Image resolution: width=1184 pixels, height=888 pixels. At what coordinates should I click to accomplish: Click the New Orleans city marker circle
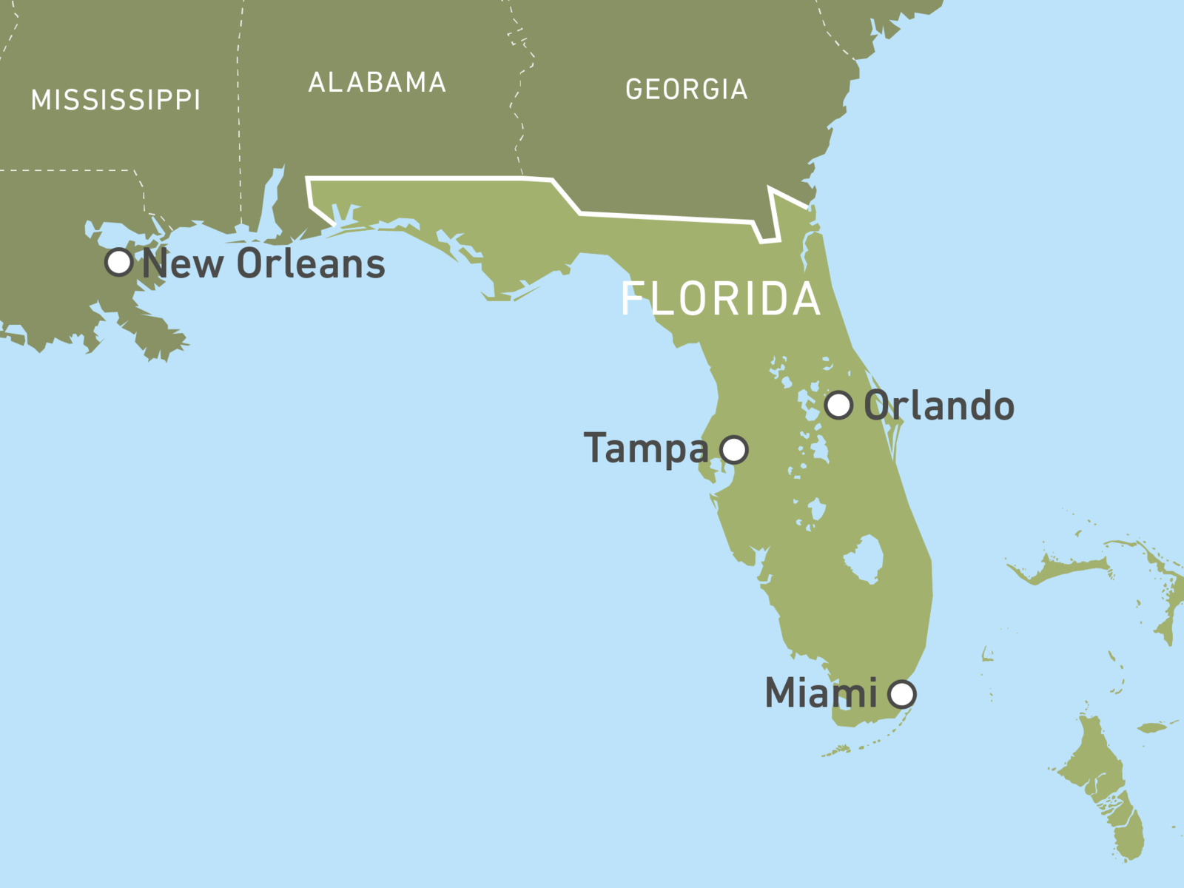tap(118, 262)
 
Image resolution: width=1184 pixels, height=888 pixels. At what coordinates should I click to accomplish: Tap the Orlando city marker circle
tap(838, 405)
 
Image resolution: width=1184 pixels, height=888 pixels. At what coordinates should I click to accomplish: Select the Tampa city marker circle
tap(734, 449)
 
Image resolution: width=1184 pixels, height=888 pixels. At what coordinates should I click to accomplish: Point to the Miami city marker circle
tap(902, 694)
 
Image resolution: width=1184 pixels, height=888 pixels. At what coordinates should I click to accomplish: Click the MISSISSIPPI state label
tap(115, 100)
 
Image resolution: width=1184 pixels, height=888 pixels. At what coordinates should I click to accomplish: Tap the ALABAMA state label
tap(377, 82)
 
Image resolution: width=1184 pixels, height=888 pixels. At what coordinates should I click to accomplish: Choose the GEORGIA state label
tap(687, 90)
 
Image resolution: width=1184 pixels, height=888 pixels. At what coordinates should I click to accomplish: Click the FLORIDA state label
tap(721, 299)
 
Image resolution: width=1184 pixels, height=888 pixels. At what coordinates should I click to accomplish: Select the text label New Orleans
tap(263, 263)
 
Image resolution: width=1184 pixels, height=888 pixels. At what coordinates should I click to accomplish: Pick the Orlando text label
tap(939, 406)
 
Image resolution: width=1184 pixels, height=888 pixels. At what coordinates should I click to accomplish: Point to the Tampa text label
tap(646, 448)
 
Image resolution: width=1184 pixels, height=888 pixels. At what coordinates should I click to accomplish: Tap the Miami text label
tap(821, 693)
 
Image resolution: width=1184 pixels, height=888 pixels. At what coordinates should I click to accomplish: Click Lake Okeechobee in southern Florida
tap(864, 559)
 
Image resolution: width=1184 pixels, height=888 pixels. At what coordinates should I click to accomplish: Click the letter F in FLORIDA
tap(631, 299)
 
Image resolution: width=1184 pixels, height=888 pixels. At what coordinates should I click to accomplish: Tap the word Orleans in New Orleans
tap(311, 263)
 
